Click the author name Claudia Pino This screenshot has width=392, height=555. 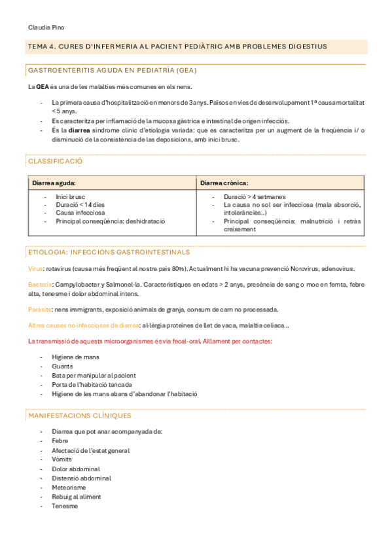coord(46,27)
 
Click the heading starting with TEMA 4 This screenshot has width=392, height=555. coord(177,46)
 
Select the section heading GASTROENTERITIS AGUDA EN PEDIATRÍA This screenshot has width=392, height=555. coord(112,70)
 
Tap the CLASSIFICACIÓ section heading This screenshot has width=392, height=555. coord(55,161)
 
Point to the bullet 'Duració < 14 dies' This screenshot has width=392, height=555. coord(80,204)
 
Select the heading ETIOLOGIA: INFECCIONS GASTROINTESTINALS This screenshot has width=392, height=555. coord(109,252)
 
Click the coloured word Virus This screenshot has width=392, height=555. coord(35,268)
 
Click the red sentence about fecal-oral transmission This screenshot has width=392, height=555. coord(150,341)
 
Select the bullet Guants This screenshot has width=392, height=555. coord(62,366)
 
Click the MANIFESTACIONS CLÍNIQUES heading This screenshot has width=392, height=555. coord(79,416)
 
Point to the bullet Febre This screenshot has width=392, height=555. coord(60,441)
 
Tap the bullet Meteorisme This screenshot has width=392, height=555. coord(69,488)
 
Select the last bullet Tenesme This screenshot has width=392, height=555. coord(65,506)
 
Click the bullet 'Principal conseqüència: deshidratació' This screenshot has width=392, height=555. coord(110,221)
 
